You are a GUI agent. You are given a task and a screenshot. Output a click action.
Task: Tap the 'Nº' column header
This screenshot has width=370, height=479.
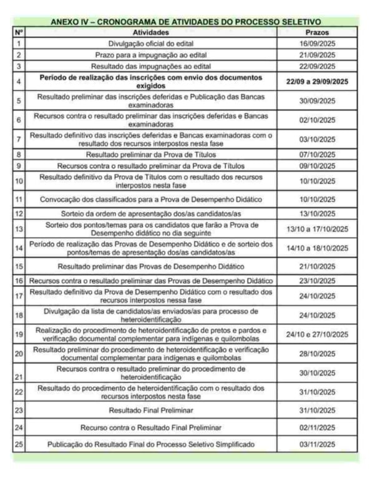19,31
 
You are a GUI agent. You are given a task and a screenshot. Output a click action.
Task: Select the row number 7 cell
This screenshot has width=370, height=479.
19,139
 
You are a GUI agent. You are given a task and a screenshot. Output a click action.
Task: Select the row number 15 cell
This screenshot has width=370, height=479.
19,266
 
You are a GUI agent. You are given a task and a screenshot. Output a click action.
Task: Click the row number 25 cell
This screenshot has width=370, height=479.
19,444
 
